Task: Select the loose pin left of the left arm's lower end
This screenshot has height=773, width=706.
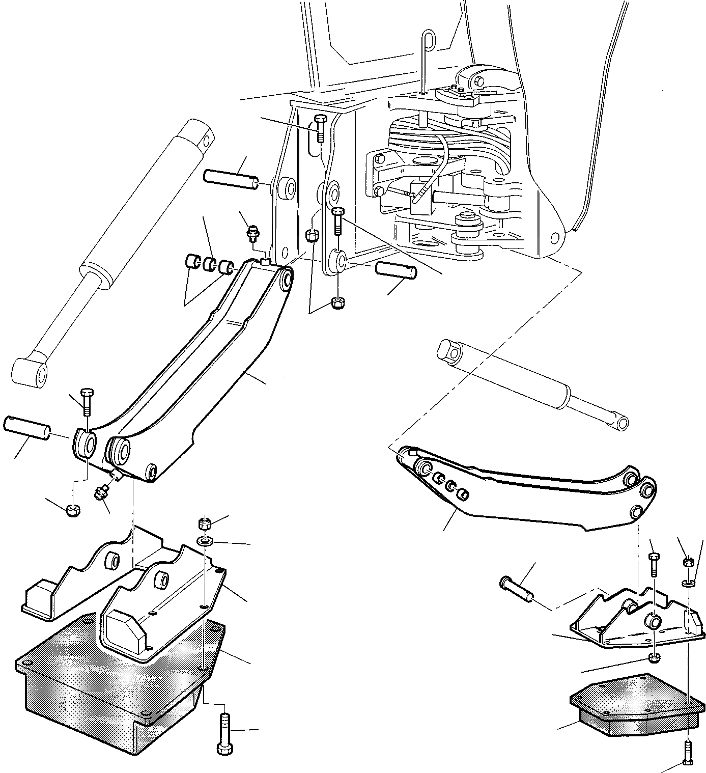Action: point(26,429)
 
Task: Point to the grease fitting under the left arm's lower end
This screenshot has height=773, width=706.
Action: point(99,492)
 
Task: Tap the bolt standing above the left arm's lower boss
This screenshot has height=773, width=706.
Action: point(86,401)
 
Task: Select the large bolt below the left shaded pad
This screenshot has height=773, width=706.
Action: point(224,733)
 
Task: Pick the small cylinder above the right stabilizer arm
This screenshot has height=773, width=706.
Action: point(534,385)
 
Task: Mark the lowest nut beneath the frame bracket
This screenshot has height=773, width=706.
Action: point(336,302)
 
